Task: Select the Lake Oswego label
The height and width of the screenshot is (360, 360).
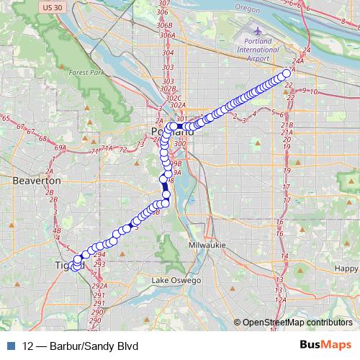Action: (x=177, y=280)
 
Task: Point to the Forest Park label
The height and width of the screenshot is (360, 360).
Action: (x=87, y=73)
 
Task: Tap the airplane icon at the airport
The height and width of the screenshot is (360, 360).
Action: (x=258, y=31)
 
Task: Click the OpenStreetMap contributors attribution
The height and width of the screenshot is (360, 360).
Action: (x=295, y=323)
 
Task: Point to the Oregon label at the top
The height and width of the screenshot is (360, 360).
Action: (x=249, y=9)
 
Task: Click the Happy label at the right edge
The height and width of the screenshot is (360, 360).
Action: (x=346, y=269)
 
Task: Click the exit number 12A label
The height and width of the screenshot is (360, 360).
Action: (x=281, y=300)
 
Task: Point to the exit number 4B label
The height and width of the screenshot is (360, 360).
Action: (x=58, y=230)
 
